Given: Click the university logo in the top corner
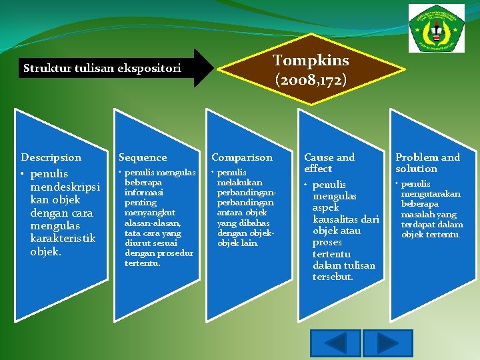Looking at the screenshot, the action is [437, 27].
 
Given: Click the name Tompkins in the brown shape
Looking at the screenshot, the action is [311, 60].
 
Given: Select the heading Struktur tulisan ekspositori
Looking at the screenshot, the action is [103, 68].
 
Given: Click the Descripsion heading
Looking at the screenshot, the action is [51, 157].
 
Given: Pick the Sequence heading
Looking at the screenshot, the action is [143, 157].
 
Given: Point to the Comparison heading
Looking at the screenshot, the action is [242, 157].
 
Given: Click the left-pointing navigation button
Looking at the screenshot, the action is [338, 343].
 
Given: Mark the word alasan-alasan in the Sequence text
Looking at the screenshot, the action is [153, 223].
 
